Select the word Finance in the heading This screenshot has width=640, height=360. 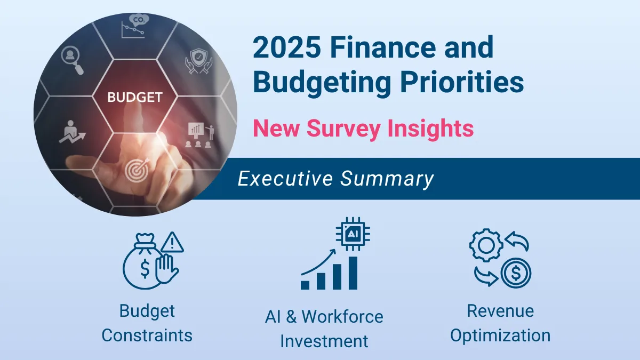point(385,47)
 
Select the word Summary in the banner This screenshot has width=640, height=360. point(387,179)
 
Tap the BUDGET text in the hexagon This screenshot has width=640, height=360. point(134,98)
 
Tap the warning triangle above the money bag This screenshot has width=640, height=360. point(171,243)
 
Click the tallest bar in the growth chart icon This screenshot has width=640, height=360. point(353,273)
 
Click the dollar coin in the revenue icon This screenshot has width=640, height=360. point(515,274)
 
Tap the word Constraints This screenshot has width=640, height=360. point(147,335)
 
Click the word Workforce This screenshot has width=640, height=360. point(342,316)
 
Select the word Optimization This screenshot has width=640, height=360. point(500,335)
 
